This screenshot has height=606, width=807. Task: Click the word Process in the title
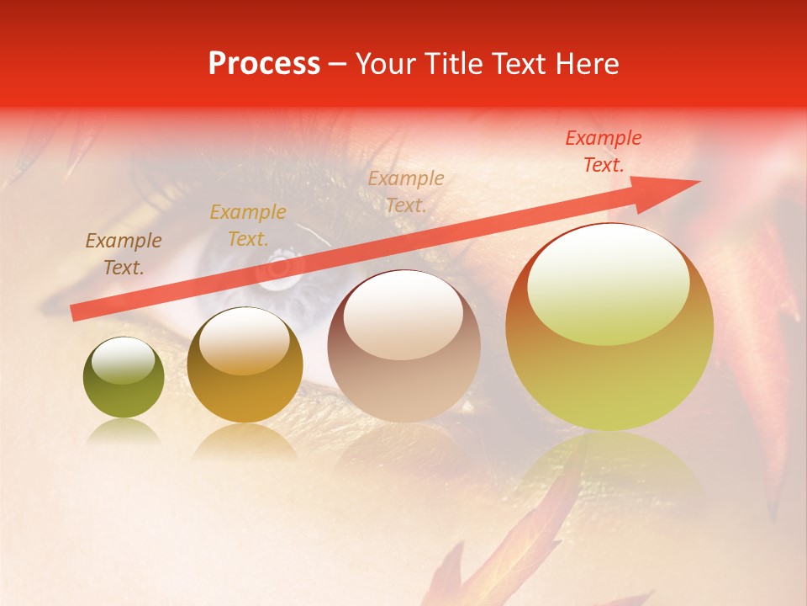click(x=264, y=64)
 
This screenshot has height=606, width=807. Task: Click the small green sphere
click(x=124, y=377)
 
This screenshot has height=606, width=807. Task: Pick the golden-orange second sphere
click(x=245, y=365)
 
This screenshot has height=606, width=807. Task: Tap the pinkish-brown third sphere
click(x=404, y=346)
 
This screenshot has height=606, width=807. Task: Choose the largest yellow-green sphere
click(x=609, y=327)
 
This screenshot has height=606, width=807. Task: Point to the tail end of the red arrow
click(x=76, y=312)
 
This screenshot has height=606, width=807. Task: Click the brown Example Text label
click(x=124, y=254)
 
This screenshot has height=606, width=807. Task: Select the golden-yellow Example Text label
click(x=248, y=226)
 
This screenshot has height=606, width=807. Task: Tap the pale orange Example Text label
click(x=406, y=192)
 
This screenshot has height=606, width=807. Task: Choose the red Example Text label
click(x=604, y=151)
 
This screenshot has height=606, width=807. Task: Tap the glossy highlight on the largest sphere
click(x=609, y=284)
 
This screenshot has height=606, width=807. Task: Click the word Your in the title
click(x=386, y=64)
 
